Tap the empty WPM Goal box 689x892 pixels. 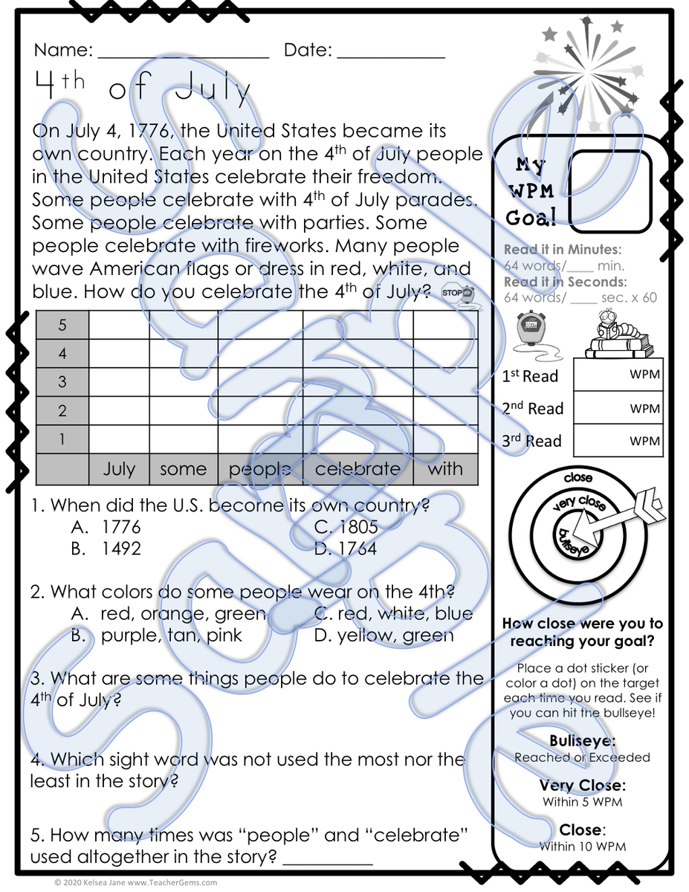609,191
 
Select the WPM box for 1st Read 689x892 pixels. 618,375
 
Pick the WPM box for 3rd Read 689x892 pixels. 618,441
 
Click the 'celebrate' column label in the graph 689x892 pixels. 358,469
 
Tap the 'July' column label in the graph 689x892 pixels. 119,469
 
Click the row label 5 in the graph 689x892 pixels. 62,325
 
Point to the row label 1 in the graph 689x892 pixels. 62,439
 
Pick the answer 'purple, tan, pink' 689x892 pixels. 171,636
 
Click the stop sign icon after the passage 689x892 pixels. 457,292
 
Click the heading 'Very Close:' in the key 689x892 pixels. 582,786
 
